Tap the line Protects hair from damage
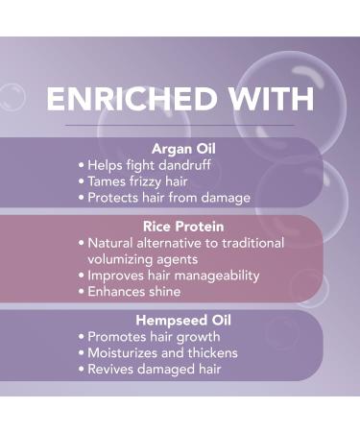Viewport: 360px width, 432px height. (168, 197)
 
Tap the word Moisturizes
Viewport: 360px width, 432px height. (125, 352)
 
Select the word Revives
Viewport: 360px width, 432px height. (110, 369)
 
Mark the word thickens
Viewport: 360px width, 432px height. (213, 352)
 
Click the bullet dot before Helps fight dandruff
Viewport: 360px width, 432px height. (81, 164)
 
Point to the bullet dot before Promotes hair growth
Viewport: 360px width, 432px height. (81, 337)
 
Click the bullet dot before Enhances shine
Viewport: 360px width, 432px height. (81, 291)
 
